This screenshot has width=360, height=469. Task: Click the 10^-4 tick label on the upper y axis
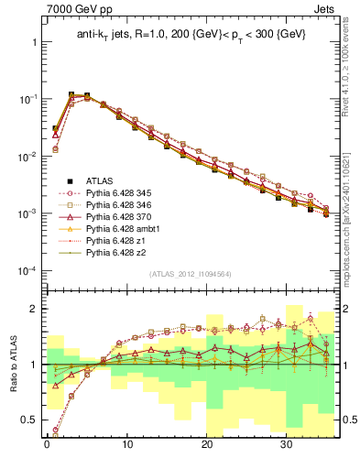(25, 271)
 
